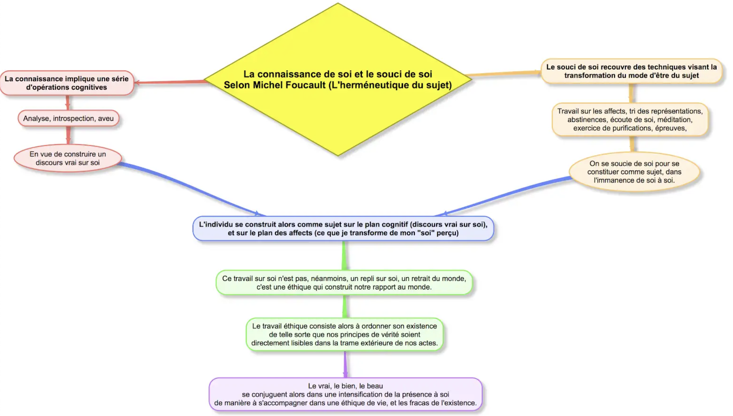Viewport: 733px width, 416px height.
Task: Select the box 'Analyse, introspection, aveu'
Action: (68, 118)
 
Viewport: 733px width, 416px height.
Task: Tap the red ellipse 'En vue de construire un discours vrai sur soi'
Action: (68, 158)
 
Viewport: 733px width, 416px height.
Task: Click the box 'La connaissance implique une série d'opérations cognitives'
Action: (67, 83)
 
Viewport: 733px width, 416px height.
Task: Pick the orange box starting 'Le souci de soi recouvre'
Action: (631, 71)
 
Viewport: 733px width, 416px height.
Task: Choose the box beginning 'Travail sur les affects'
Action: (630, 120)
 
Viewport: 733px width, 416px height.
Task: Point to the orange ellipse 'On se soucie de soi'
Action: (634, 172)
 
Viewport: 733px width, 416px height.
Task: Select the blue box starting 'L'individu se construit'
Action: (343, 228)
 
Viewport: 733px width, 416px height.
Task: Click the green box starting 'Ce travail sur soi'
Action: (344, 283)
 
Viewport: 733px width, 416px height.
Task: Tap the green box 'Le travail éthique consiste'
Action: (344, 335)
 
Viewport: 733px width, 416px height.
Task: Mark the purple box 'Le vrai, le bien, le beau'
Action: (345, 394)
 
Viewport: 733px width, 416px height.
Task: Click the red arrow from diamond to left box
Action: (170, 82)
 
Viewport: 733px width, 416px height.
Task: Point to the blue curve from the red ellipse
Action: (187, 185)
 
